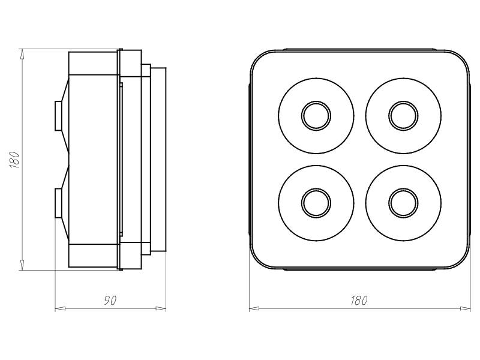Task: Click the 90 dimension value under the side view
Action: (x=110, y=301)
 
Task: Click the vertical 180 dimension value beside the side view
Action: (x=14, y=160)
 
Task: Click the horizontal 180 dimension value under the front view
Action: (x=358, y=301)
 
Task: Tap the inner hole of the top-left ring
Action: (x=316, y=116)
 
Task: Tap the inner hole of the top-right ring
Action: (x=403, y=116)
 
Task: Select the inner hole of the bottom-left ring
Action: (x=316, y=203)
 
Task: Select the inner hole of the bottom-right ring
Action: (x=403, y=203)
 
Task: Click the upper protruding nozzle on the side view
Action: (x=58, y=116)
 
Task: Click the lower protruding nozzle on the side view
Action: (x=58, y=203)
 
